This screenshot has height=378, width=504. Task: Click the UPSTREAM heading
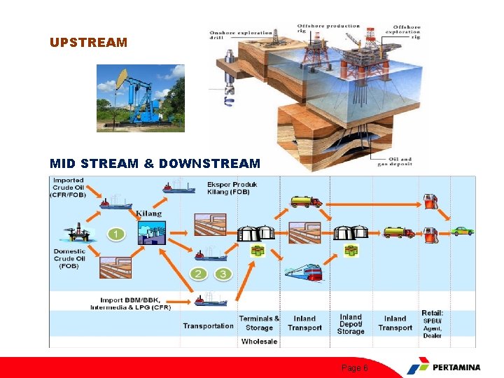click(x=88, y=43)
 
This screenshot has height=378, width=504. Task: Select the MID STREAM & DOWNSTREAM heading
click(x=155, y=164)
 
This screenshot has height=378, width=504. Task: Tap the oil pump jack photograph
click(x=140, y=98)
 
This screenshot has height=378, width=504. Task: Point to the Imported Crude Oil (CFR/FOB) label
click(x=69, y=188)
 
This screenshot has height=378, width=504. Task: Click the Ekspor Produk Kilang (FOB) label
click(x=232, y=188)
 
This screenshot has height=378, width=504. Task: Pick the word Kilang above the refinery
click(x=148, y=213)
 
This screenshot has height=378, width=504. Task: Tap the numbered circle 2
click(x=199, y=274)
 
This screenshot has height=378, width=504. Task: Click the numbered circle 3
click(x=223, y=274)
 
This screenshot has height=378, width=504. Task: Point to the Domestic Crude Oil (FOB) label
click(x=69, y=258)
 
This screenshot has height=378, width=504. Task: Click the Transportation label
click(x=208, y=325)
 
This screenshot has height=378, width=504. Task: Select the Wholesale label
click(x=259, y=342)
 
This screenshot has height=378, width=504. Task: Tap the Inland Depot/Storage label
click(x=351, y=324)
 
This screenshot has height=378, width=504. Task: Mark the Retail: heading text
click(x=432, y=313)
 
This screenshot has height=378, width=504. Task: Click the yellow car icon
click(x=462, y=230)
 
